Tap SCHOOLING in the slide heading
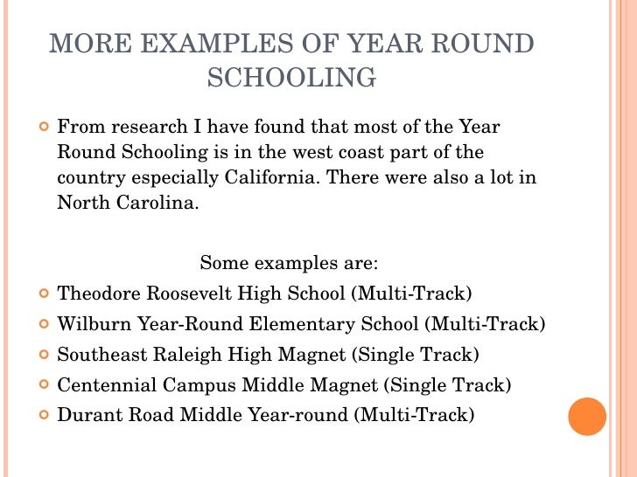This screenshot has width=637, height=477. point(292,78)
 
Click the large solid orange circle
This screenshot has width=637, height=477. point(587,416)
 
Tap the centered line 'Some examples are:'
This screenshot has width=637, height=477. point(289,263)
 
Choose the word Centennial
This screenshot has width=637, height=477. point(101,384)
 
